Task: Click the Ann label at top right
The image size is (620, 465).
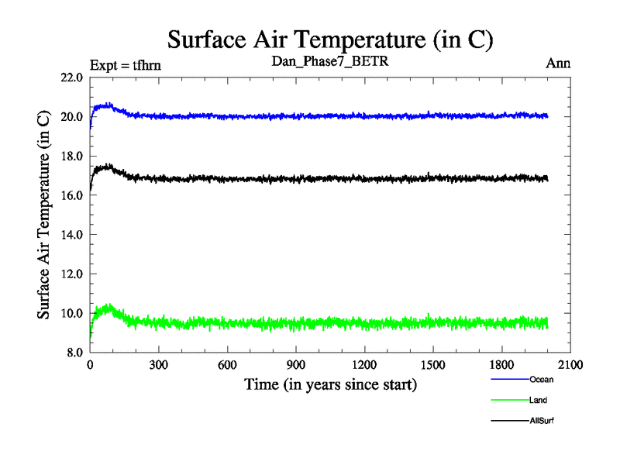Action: coord(558,64)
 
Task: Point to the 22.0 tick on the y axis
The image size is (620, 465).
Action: coord(72,77)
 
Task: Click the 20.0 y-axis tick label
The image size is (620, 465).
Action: coord(72,117)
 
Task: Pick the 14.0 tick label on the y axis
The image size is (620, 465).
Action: coord(72,235)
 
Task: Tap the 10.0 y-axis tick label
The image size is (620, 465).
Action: coord(72,313)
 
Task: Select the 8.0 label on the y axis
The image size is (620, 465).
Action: coord(74,353)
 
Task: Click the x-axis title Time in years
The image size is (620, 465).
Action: coord(330,384)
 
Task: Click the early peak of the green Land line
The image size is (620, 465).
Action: coord(109,306)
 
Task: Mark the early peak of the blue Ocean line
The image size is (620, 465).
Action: coord(109,104)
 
